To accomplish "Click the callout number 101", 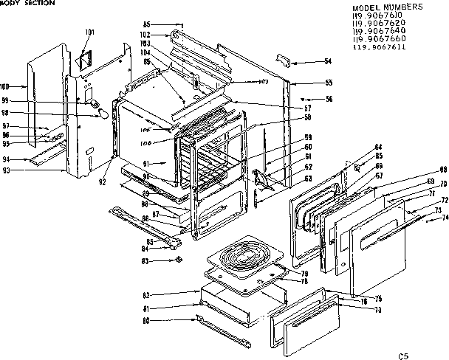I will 90,32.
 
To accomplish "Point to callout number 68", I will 444,170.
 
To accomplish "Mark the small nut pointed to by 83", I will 177,260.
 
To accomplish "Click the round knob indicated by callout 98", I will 103,114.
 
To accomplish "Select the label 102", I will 145,35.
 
